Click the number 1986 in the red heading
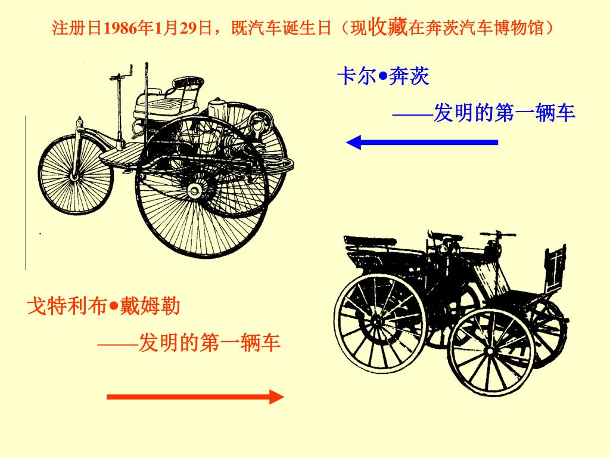click(x=120, y=28)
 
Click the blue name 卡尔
click(x=356, y=76)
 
